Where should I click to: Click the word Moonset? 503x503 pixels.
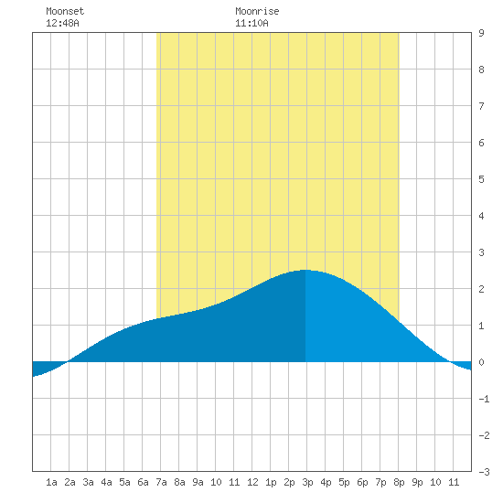(65, 11)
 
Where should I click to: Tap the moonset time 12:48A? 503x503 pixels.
(62, 23)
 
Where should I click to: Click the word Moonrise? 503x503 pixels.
(257, 11)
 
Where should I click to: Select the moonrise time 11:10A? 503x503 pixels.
(251, 23)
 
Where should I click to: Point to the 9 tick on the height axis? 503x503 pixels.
(481, 33)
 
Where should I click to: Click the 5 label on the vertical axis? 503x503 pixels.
(481, 179)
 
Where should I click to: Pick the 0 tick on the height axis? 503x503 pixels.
(481, 362)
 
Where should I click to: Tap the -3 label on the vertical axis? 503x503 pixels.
(484, 472)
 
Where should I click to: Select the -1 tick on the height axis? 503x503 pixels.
(484, 399)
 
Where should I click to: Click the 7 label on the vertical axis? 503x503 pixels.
(481, 106)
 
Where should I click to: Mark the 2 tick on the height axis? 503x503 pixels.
(481, 289)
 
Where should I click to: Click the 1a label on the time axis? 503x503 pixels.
(51, 482)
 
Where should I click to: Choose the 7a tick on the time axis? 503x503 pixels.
(161, 482)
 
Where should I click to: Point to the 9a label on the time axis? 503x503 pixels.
(198, 482)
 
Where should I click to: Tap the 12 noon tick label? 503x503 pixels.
(252, 482)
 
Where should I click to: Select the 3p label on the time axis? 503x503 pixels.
(307, 482)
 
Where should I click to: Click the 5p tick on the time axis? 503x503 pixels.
(344, 482)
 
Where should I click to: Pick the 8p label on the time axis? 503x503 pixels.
(399, 482)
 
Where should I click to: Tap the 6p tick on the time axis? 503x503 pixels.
(362, 482)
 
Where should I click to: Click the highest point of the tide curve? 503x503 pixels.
(305, 270)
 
